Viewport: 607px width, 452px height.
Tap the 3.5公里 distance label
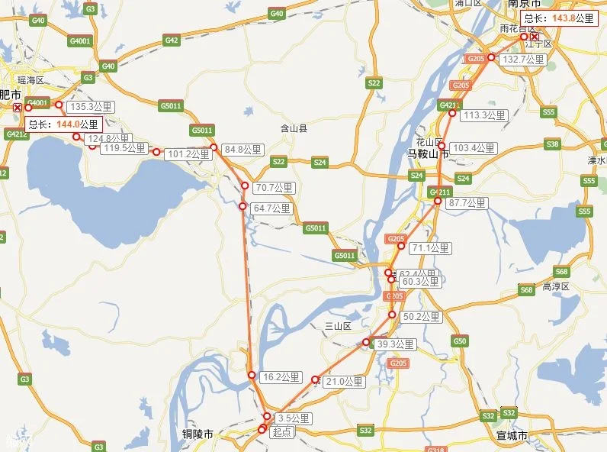pyautogui.click(x=293, y=418)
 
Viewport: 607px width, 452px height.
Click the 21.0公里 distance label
pyautogui.click(x=341, y=381)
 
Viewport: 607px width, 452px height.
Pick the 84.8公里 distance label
pyautogui.click(x=243, y=150)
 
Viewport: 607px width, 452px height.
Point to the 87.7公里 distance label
pyautogui.click(x=467, y=203)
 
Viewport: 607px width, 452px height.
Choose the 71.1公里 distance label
pyautogui.click(x=431, y=248)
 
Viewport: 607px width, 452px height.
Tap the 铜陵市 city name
pyautogui.click(x=198, y=434)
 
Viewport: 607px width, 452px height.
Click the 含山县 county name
pyautogui.click(x=294, y=129)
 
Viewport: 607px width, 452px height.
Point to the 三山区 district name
pyautogui.click(x=337, y=326)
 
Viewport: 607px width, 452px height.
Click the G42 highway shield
pyautogui.click(x=171, y=40)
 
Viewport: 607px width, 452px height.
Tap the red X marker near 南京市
pyautogui.click(x=535, y=37)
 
